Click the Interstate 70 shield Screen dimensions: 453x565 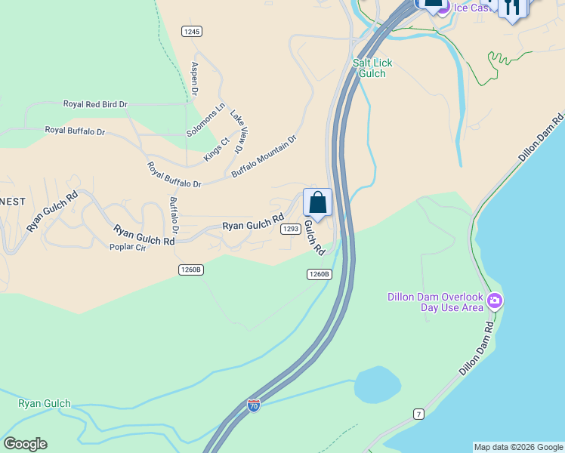[x=255, y=405]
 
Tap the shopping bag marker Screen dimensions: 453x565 [x=317, y=203]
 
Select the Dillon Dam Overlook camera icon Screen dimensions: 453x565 [x=495, y=301]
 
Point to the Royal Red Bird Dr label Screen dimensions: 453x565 [x=95, y=104]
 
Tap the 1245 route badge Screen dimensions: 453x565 [x=192, y=31]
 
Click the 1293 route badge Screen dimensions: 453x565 [x=290, y=228]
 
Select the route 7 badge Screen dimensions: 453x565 [x=418, y=414]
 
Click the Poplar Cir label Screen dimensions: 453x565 [x=127, y=247]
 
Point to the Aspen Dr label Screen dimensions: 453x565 [x=194, y=79]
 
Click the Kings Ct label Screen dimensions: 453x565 [x=216, y=149]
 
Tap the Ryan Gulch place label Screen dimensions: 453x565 [x=45, y=403]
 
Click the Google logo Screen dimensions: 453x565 [x=25, y=444]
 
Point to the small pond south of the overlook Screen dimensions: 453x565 [x=378, y=385]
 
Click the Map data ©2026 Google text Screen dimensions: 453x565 [x=518, y=447]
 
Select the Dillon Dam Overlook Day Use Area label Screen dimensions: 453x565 [x=435, y=302]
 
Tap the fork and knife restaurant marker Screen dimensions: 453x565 [x=513, y=8]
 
